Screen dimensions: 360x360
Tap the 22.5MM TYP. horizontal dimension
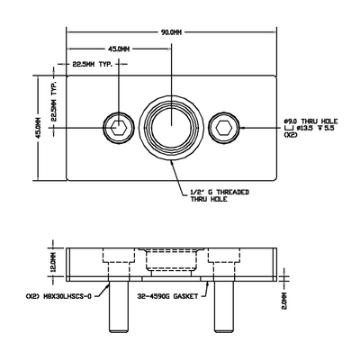tap(98, 65)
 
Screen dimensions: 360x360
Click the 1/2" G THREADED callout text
tap(220, 193)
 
